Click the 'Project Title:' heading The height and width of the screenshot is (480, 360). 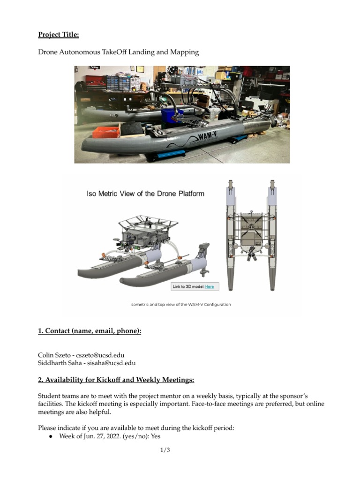[x=58, y=34]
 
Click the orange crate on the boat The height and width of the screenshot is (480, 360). [x=106, y=131]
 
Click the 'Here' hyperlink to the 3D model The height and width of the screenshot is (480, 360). [x=209, y=286]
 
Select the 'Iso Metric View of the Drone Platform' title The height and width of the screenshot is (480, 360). [x=145, y=194]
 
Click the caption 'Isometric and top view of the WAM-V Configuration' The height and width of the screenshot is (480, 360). [x=180, y=304]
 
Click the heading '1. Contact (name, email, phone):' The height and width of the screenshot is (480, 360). [x=89, y=331]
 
